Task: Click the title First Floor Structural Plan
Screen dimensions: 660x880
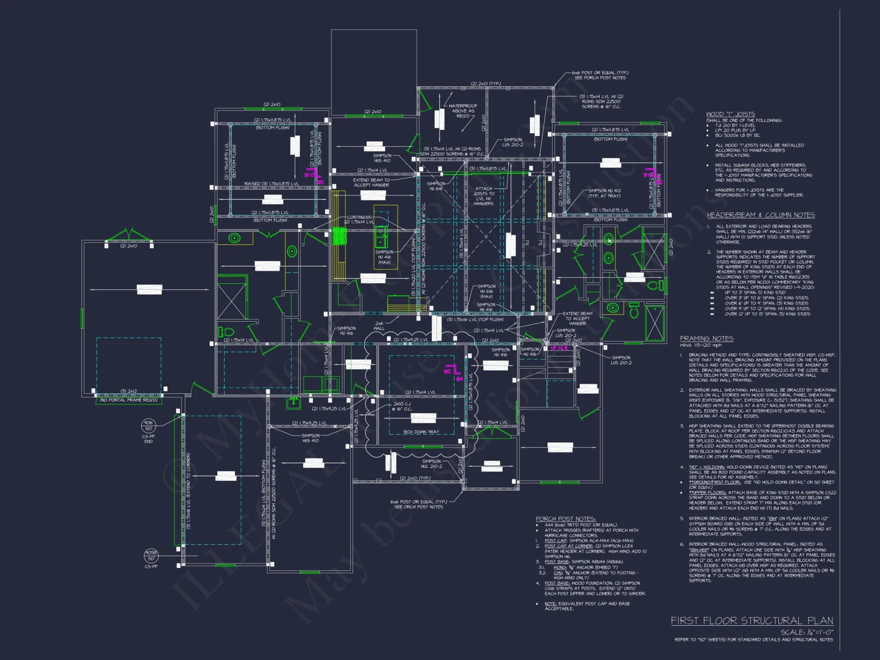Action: click(x=752, y=621)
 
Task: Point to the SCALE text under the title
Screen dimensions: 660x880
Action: click(x=807, y=632)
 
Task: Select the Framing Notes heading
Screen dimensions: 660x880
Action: click(x=707, y=338)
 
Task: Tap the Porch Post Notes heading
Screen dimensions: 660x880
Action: click(x=565, y=519)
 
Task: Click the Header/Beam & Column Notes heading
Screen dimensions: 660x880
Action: click(x=761, y=215)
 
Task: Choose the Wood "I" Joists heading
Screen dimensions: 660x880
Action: click(x=730, y=114)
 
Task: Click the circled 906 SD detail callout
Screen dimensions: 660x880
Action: click(x=148, y=425)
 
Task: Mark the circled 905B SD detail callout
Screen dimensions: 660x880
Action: click(x=151, y=555)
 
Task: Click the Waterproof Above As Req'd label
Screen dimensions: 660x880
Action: click(x=462, y=111)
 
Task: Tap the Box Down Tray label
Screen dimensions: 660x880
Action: click(x=421, y=432)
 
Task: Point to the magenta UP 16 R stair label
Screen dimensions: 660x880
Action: click(x=559, y=348)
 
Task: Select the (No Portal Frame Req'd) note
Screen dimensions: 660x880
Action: click(x=128, y=400)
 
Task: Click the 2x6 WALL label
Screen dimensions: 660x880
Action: click(x=379, y=326)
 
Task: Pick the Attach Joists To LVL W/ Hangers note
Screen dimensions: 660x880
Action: click(x=484, y=196)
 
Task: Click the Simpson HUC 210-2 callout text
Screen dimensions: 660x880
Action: click(x=431, y=464)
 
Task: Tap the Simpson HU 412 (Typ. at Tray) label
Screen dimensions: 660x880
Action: click(x=604, y=193)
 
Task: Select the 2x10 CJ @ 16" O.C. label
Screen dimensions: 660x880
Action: click(x=402, y=406)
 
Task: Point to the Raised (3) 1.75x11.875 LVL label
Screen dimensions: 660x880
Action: click(x=271, y=184)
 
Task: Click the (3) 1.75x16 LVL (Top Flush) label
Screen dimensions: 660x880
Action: click(x=475, y=319)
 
